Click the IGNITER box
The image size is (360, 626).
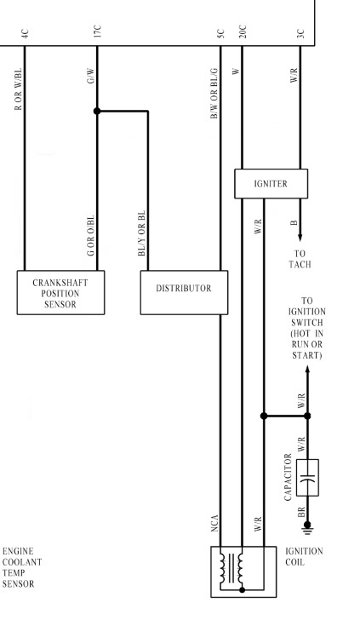pos(271,184)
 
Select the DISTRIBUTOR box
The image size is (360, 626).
pos(184,292)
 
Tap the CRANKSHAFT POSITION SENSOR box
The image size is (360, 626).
pos(60,292)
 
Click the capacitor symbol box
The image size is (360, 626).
pos(307,478)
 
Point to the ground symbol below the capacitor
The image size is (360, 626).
pos(307,528)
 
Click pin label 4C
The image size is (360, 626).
pos(25,33)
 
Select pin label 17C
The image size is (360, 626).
pos(98,32)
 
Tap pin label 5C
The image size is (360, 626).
pos(220,33)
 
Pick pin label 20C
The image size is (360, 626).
pos(243,32)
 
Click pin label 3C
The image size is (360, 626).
pos(301,33)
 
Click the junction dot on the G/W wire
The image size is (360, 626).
pos(97,111)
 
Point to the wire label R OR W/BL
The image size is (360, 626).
pos(18,89)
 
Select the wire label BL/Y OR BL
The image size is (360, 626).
pos(141,233)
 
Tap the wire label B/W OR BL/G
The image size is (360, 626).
pos(214,94)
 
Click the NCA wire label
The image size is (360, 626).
pos(214,524)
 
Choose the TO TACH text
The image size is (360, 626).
pos(300,259)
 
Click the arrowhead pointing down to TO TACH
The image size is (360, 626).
pos(300,238)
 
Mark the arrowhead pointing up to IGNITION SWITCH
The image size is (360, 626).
pos(307,370)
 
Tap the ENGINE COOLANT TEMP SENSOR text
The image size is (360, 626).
pos(22,568)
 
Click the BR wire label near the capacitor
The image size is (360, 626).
pos(301,512)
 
